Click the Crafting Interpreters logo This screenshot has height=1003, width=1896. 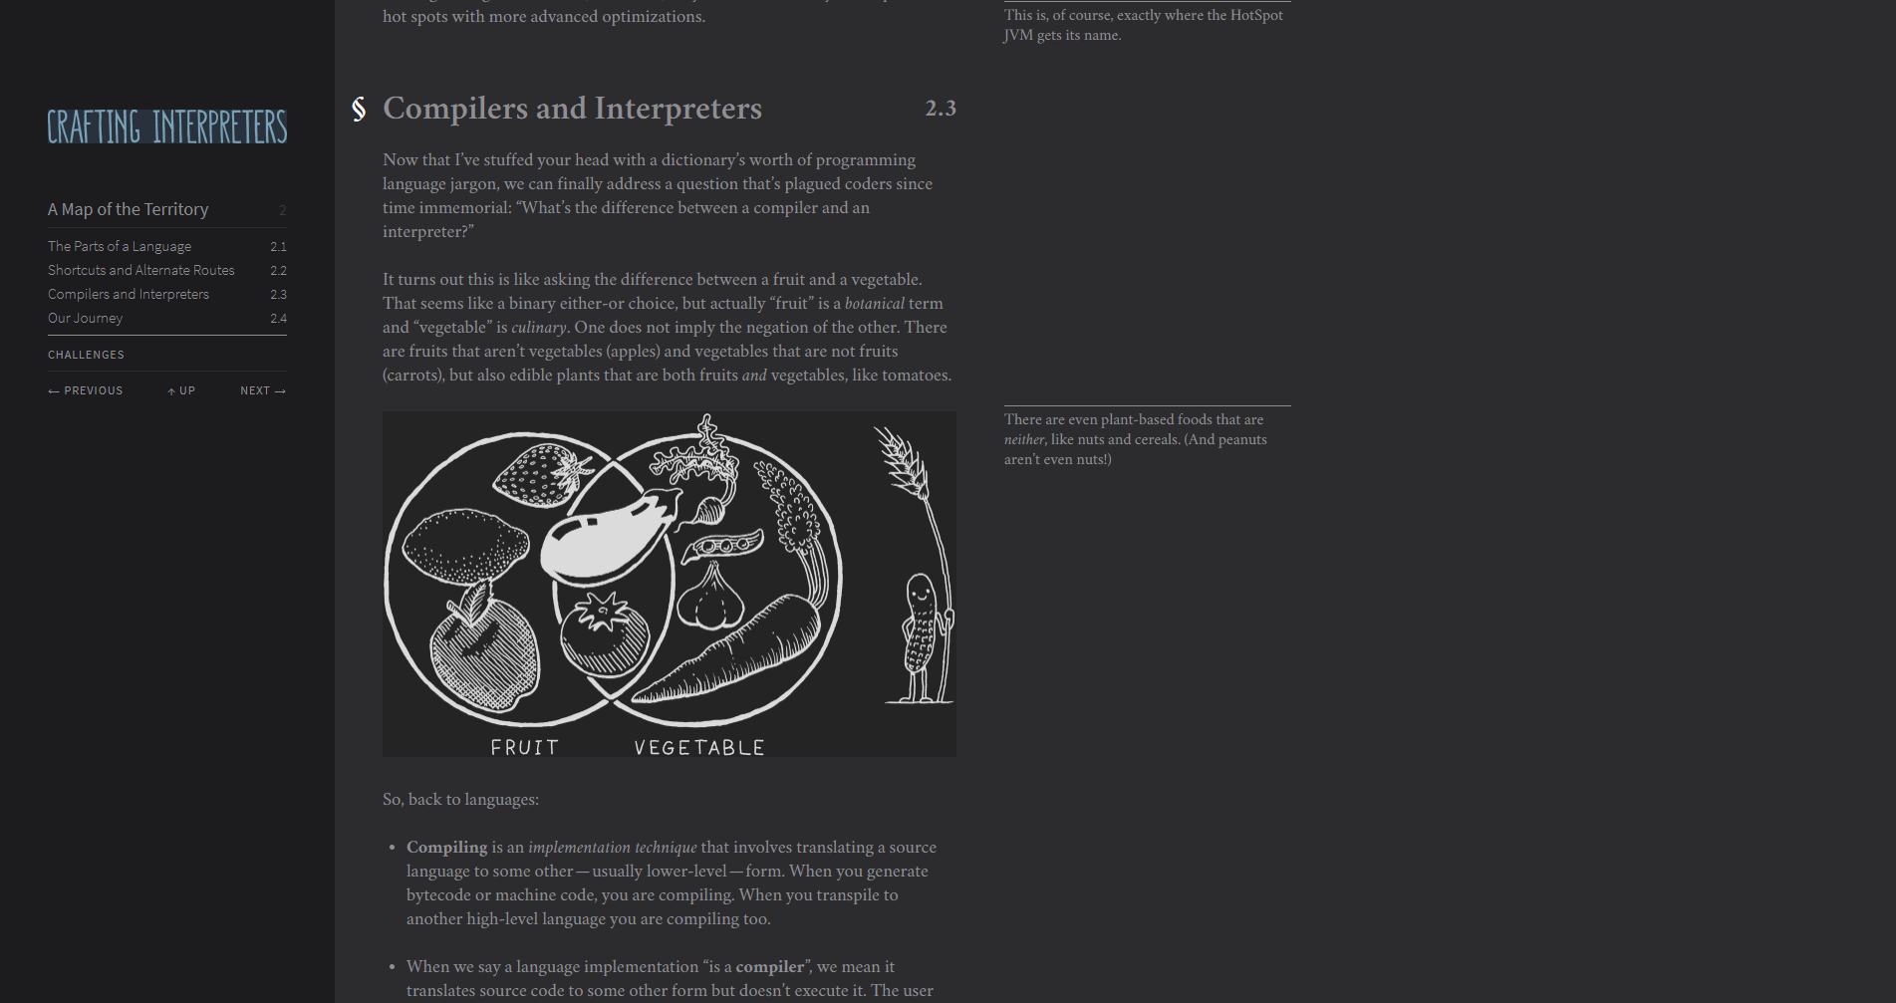(167, 126)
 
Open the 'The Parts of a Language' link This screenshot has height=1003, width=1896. (120, 246)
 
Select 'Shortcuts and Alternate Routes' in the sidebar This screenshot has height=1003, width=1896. (141, 270)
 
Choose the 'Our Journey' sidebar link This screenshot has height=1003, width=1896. (86, 318)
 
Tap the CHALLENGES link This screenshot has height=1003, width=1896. (86, 355)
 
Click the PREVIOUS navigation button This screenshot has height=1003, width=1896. (86, 390)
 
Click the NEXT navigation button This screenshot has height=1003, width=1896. (263, 390)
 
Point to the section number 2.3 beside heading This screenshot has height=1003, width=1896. (941, 108)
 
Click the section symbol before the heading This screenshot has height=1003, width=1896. (359, 109)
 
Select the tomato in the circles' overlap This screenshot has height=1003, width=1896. (604, 634)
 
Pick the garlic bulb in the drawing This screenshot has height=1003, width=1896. (710, 597)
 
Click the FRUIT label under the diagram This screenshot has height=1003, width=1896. (525, 747)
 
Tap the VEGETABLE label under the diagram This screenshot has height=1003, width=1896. (699, 747)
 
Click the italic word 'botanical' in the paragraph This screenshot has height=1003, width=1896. (875, 303)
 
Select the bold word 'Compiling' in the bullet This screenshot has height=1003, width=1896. (446, 847)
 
